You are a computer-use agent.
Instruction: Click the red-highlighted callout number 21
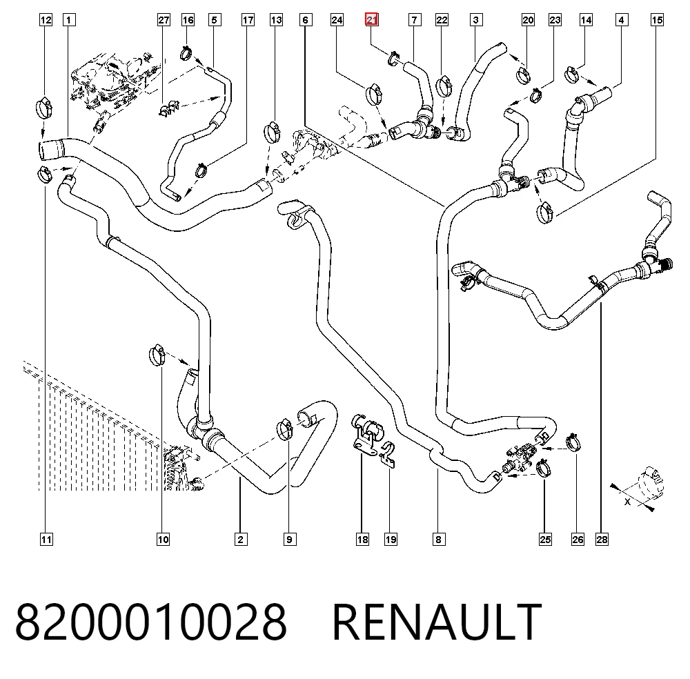372,20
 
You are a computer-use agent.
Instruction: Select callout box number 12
46,20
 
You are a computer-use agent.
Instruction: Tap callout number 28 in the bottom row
602,540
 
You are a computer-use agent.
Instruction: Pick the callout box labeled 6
306,20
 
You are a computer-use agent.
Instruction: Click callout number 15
657,20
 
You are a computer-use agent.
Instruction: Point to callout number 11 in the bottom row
46,540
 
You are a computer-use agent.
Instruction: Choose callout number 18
362,540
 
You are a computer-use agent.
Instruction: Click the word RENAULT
437,622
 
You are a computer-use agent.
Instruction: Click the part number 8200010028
151,622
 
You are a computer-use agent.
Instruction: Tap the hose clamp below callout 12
43,108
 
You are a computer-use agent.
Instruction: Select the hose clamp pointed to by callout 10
157,355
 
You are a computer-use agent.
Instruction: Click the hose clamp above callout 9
285,429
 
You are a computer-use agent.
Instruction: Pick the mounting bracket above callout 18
366,433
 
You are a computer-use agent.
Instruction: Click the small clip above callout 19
388,454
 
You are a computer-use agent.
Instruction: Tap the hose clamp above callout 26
573,442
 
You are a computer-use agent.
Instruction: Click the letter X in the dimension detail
627,502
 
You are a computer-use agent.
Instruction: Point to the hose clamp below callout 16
186,54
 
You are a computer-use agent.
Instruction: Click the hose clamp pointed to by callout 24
373,94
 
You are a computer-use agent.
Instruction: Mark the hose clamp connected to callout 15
545,213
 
